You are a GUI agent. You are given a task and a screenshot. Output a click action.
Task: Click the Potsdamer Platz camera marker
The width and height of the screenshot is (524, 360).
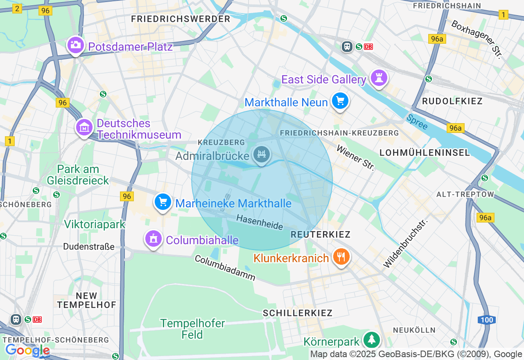tap(75, 45)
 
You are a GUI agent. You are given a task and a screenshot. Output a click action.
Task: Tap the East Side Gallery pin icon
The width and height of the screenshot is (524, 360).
tap(379, 77)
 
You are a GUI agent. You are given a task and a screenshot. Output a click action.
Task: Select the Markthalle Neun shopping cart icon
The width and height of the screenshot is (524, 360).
tap(340, 100)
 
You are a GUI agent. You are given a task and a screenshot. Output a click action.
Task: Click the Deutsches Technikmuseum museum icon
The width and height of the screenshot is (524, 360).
tap(84, 127)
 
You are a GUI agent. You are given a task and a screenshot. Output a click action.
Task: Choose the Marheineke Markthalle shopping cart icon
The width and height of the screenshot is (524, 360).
tap(163, 202)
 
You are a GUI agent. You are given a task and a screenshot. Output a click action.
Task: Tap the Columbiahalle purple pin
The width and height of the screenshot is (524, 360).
tap(154, 238)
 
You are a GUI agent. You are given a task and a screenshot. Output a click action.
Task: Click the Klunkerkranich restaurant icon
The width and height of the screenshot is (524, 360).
tap(341, 257)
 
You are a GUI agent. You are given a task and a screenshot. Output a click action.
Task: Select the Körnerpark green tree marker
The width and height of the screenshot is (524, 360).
tap(371, 340)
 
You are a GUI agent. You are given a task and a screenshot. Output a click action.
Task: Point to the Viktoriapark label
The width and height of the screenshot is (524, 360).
tap(95, 224)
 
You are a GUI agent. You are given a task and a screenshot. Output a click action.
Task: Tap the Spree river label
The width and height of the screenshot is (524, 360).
tap(417, 122)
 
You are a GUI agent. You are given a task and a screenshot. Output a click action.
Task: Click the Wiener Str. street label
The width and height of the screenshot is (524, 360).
tap(355, 157)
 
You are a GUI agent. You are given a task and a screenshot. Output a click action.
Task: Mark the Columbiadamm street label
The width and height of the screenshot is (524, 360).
tap(225, 268)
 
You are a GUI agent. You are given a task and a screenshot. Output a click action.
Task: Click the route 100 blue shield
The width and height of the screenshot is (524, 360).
tap(487, 320)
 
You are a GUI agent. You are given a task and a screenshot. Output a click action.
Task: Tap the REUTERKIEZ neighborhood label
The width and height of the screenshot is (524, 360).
tap(321, 234)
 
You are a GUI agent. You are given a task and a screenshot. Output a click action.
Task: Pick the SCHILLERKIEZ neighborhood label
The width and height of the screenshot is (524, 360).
tap(298, 313)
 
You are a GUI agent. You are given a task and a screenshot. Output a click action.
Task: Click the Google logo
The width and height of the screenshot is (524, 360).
tap(27, 350)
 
